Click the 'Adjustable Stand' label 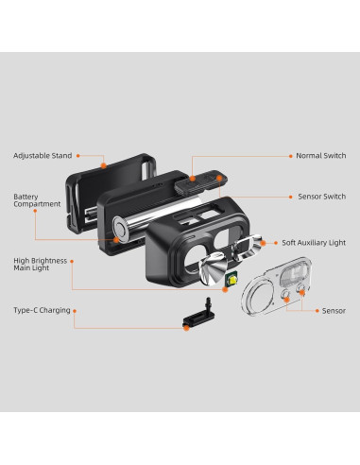42,155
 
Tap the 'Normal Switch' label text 320,155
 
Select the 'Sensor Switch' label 321,198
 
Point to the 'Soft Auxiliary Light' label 313,242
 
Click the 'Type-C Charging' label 42,310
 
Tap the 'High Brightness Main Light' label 39,264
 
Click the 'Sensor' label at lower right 333,310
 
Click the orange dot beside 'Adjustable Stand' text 78,155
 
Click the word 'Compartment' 37,204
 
